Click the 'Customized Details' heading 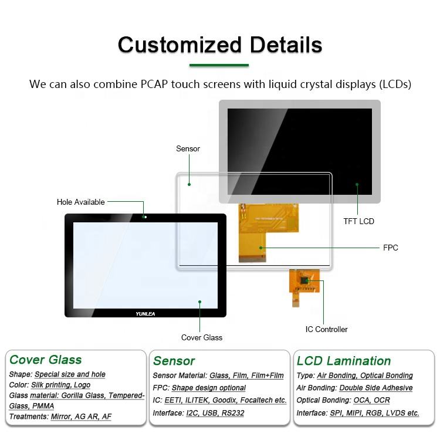tap(220, 45)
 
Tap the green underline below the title tap(219, 65)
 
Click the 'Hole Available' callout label tap(80, 202)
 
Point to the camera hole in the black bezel tap(145, 217)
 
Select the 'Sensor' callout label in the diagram tap(188, 149)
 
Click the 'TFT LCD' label tap(358, 221)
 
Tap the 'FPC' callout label tap(390, 248)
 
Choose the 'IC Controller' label tap(326, 330)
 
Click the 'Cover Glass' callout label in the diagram tap(201, 337)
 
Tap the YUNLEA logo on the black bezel tap(145, 314)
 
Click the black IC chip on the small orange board tap(304, 280)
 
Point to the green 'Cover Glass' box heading tap(45, 360)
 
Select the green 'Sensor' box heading tap(174, 361)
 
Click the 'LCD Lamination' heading tap(344, 361)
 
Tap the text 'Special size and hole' tap(70, 374)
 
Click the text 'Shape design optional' tap(208, 388)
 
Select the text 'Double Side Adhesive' tap(375, 388)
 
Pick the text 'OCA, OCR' tap(371, 400)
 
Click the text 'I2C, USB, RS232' tap(215, 413)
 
